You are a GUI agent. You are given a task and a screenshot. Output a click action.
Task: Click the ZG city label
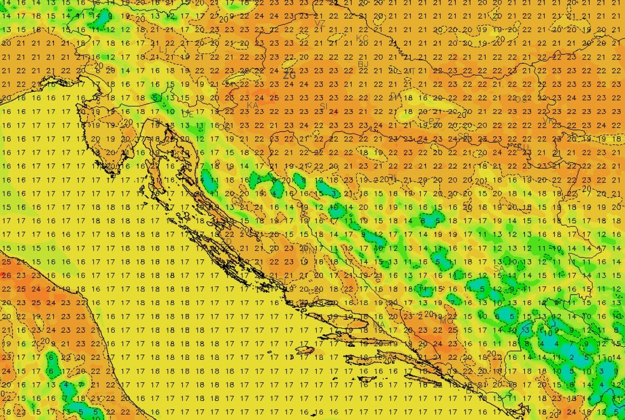(x=288, y=76)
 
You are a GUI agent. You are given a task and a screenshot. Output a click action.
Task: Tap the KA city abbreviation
(x=252, y=105)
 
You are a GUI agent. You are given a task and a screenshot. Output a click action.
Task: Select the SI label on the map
(x=324, y=105)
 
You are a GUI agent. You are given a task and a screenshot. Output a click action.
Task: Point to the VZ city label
(x=320, y=23)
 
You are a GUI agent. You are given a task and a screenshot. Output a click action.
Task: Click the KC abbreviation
(x=362, y=38)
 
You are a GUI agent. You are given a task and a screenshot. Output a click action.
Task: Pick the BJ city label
(x=363, y=64)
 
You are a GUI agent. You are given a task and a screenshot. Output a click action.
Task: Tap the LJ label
(x=163, y=50)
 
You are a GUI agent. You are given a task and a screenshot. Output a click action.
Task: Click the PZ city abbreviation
(x=434, y=121)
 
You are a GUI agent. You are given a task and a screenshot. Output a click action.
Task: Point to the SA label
(x=499, y=268)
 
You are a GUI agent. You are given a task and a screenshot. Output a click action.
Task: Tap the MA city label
(x=379, y=325)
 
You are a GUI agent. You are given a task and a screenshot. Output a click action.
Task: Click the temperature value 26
(x=6, y=276)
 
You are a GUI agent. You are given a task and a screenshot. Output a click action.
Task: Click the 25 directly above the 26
(x=6, y=262)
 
